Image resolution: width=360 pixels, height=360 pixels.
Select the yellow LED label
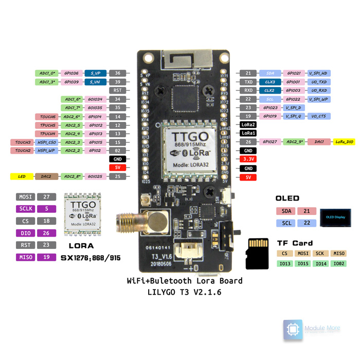pyautogui.click(x=22, y=176)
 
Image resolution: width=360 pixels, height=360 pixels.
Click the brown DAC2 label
pyautogui.click(x=47, y=176)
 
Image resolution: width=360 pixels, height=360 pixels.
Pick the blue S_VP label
pyautogui.click(x=95, y=74)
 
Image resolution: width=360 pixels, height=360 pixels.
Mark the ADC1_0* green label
pyautogui.click(x=47, y=74)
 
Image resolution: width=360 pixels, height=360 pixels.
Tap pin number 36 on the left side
pyautogui.click(x=118, y=74)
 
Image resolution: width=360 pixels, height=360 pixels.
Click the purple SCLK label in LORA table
pyautogui.click(x=25, y=209)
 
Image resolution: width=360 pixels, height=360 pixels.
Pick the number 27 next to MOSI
pyautogui.click(x=47, y=197)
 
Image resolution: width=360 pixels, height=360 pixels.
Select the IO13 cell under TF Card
pyautogui.click(x=284, y=264)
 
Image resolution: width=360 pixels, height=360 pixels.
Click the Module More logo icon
pyautogui.click(x=292, y=330)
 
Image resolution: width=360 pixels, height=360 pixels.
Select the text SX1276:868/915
pyautogui.click(x=91, y=258)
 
